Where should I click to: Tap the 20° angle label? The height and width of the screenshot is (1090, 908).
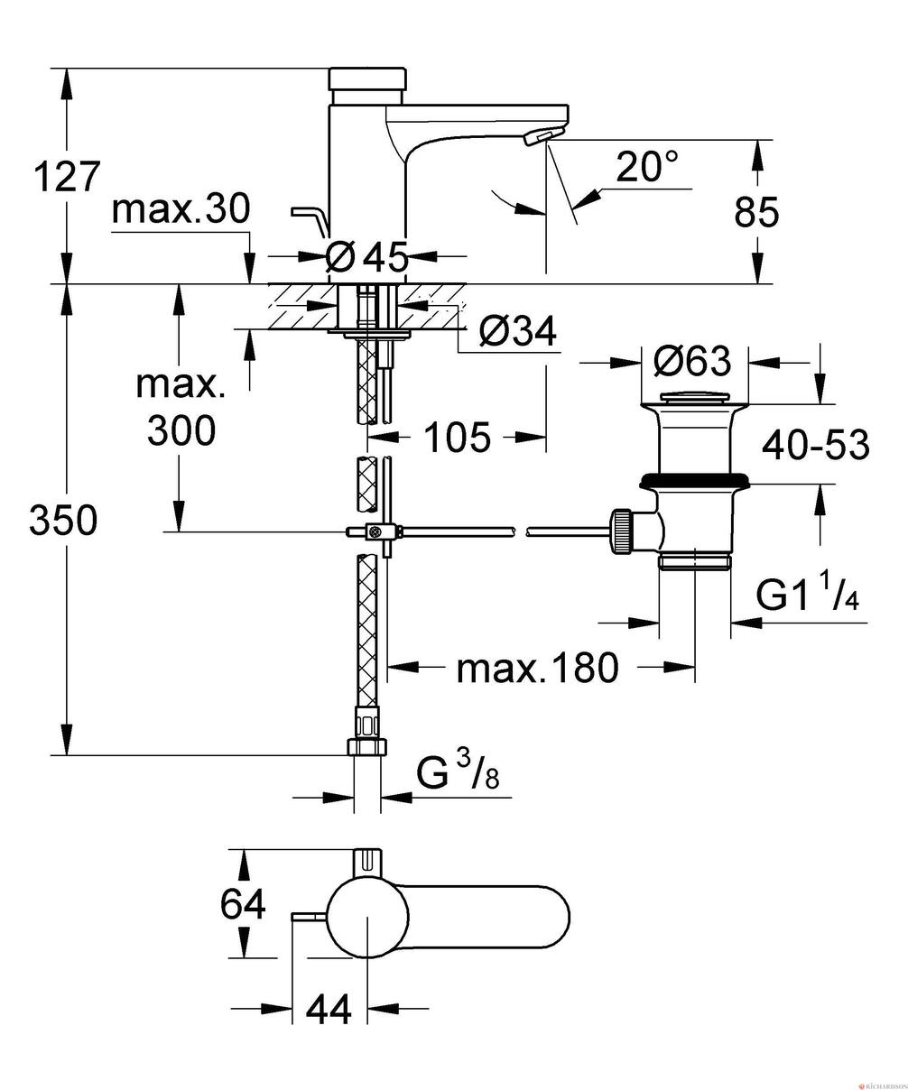tap(647, 168)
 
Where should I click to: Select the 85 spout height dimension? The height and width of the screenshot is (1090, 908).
tap(755, 213)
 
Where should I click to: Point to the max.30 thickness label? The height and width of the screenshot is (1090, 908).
tap(181, 210)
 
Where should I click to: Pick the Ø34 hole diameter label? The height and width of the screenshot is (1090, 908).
tap(518, 333)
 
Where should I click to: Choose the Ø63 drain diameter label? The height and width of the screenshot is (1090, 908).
tap(692, 362)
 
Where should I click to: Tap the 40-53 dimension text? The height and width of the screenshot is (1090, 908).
tap(815, 444)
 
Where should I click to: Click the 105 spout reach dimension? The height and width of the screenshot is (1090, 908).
tap(457, 438)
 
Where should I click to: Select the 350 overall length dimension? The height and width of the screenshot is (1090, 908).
tap(63, 521)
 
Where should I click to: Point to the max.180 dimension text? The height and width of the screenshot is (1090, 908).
tap(538, 669)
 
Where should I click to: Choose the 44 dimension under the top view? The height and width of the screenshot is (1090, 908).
tap(328, 1011)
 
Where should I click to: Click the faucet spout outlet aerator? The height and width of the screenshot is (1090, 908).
tap(539, 136)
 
